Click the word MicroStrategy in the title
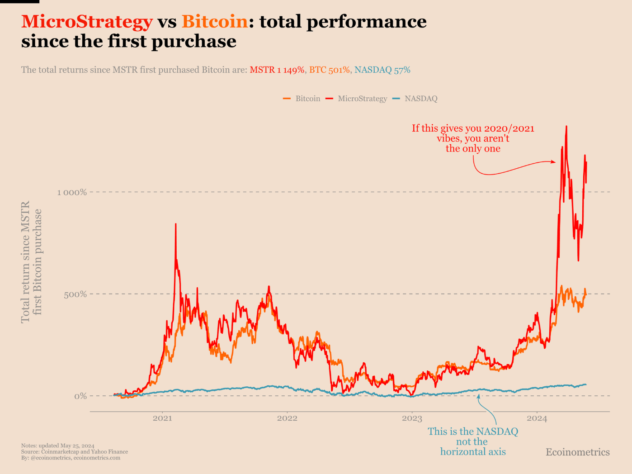[87, 22]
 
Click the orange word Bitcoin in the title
[215, 22]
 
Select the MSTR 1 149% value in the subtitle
[277, 70]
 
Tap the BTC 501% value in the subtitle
[330, 70]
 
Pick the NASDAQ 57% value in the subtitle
[382, 70]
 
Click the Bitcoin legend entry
[302, 99]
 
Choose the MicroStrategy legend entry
[356, 99]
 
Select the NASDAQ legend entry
[415, 99]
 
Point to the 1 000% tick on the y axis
[72, 192]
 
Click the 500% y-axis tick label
[75, 294]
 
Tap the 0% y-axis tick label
[80, 396]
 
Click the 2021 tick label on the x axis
[162, 418]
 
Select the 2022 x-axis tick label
[287, 418]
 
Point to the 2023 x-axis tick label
[412, 418]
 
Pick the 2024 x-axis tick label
[537, 418]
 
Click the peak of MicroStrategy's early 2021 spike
[176, 224]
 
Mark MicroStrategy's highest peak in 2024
[566, 126]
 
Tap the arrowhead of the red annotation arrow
[554, 162]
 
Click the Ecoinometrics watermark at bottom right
[578, 452]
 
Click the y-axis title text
[31, 262]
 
